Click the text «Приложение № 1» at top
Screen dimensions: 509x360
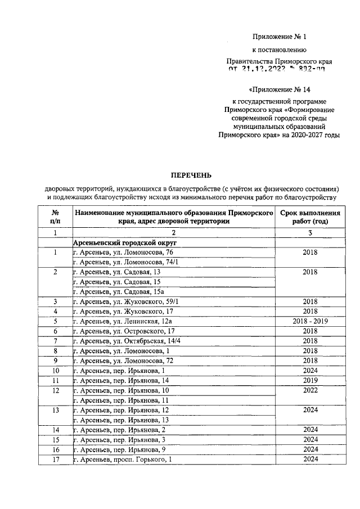click(279, 37)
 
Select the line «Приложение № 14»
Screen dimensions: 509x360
click(279, 89)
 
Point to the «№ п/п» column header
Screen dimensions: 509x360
click(56, 218)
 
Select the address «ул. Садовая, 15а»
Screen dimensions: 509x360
click(121, 291)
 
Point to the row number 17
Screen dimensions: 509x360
click(56, 460)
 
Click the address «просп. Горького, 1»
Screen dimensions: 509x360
click(122, 460)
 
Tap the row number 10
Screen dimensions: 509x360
click(56, 371)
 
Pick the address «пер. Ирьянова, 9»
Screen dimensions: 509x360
click(120, 449)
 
